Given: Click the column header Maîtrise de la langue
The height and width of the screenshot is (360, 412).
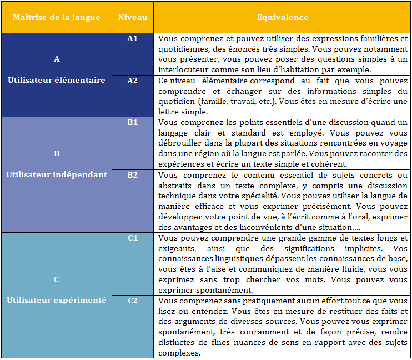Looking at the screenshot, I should click(x=56, y=18).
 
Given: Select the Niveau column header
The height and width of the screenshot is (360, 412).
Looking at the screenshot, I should click(x=133, y=18).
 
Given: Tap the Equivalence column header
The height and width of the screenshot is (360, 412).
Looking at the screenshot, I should click(x=283, y=18).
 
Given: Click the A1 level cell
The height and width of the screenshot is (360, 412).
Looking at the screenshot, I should click(x=133, y=39).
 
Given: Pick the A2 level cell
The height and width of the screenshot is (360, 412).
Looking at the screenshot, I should click(x=133, y=81).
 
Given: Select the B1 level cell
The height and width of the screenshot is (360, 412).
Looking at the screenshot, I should click(x=133, y=122).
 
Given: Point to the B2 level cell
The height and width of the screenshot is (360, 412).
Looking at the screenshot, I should click(x=133, y=174).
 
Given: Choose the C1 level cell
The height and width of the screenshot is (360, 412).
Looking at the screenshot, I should click(x=133, y=238).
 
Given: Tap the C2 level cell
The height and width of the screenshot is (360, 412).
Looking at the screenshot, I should click(x=133, y=301).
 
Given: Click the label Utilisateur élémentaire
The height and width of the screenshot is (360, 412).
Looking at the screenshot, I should click(x=56, y=80).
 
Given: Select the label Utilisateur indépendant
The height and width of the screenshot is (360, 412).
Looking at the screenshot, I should click(x=56, y=174).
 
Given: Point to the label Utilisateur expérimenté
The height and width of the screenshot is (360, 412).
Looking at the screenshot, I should click(x=56, y=300).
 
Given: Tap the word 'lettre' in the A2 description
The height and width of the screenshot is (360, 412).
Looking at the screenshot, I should click(x=170, y=112).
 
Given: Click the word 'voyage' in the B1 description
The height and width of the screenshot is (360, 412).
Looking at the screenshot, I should click(x=394, y=143).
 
